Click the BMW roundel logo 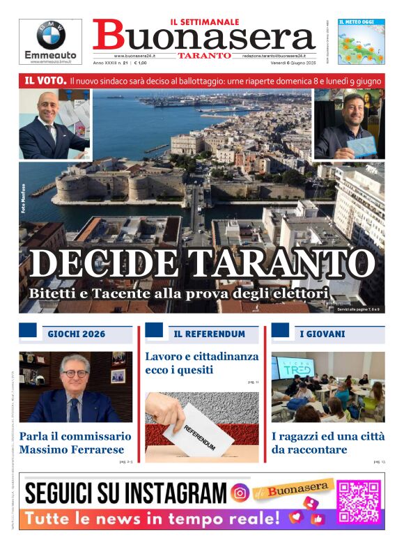click(x=50, y=34)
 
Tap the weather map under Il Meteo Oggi click(x=361, y=45)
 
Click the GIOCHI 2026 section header click(x=77, y=334)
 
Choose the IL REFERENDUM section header click(x=210, y=334)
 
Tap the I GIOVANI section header click(x=323, y=334)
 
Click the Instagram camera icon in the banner click(x=240, y=493)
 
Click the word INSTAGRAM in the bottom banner click(x=179, y=493)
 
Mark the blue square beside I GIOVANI click(x=280, y=330)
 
